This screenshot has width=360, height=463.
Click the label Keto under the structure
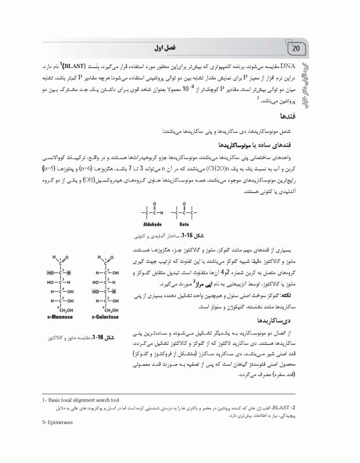point(184,223)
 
